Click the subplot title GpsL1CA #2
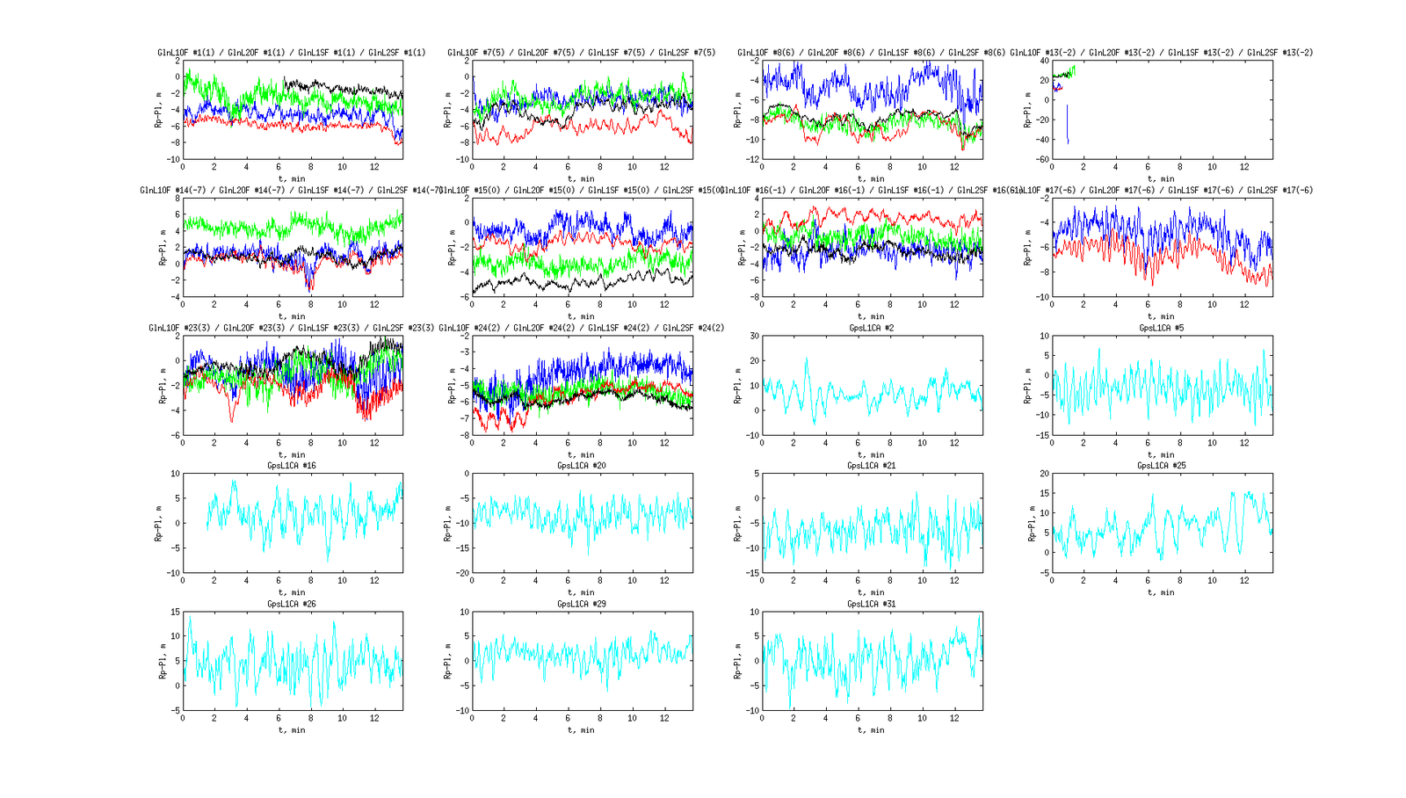pos(871,328)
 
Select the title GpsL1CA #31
pos(871,604)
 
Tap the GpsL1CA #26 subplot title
pos(292,604)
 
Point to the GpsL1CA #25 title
pos(1161,466)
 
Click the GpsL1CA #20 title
pos(581,466)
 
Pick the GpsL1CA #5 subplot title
pos(1161,328)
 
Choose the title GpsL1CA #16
pos(292,466)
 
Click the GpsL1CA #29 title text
pos(581,604)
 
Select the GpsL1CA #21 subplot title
pos(871,466)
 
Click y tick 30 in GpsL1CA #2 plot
pos(753,336)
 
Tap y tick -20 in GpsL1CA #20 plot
pos(462,573)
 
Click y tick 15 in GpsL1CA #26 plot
pos(175,612)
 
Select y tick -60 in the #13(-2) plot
pos(1041,160)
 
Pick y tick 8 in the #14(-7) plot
pos(178,199)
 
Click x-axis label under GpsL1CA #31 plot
pos(871,730)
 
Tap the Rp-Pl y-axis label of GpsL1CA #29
pos(447,661)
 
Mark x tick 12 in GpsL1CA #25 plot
pos(1244,580)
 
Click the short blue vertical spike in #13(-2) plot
pos(1068,123)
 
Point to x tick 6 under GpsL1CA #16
pos(279,580)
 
